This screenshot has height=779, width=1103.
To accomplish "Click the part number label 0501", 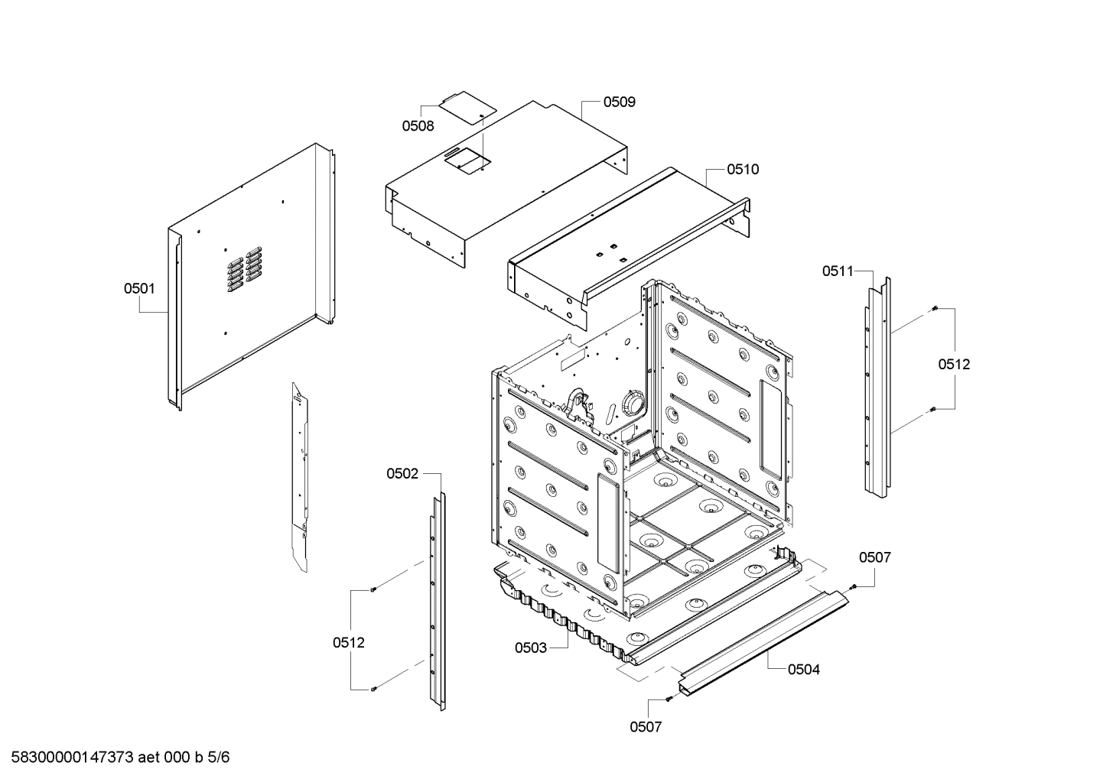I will point(139,288).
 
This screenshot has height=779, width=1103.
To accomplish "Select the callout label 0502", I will point(402,474).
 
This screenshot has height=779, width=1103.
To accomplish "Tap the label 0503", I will point(531,648).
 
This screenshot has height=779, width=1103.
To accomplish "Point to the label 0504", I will point(804,670).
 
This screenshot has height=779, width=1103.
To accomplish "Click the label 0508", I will point(418,126).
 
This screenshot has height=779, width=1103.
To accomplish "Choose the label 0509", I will point(619,102).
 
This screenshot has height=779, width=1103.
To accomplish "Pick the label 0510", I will point(743,169).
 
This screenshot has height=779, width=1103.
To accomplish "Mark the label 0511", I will point(838,271).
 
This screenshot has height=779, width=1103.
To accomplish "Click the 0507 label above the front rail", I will point(874,557).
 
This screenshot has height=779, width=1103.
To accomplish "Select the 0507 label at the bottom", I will point(646,727).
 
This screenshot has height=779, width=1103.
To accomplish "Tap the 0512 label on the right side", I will point(954,365).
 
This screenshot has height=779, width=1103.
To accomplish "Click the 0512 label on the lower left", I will point(349,643).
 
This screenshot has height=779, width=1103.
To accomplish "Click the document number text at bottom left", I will point(116,758).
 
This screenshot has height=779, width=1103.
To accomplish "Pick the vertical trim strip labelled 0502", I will point(437,604).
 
